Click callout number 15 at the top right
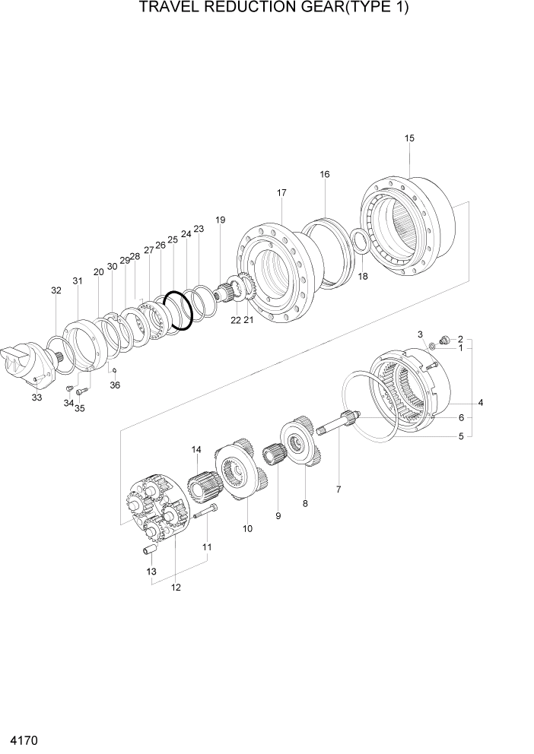[409, 138]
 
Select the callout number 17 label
[281, 193]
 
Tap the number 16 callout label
[325, 174]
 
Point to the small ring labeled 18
[361, 242]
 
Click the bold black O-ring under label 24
[179, 311]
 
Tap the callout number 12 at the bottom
[176, 587]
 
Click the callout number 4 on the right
[480, 402]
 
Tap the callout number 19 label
[220, 220]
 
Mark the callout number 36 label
[115, 385]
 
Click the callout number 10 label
[247, 528]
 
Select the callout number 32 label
[56, 290]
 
